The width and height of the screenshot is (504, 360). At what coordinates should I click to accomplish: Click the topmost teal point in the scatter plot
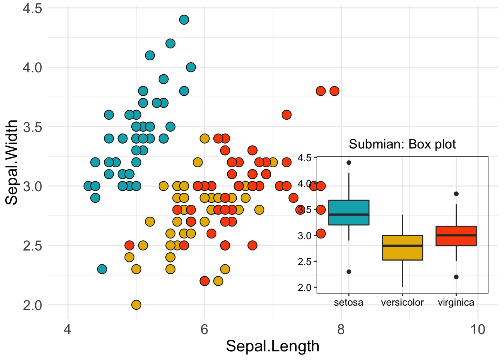click(x=184, y=19)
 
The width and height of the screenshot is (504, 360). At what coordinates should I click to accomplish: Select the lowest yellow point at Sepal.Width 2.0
click(x=136, y=304)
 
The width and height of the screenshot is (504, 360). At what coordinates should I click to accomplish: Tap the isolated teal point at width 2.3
click(x=102, y=269)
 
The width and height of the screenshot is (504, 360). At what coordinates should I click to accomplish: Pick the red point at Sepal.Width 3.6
click(x=286, y=115)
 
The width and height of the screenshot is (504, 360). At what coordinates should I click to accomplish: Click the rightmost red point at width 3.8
click(x=334, y=91)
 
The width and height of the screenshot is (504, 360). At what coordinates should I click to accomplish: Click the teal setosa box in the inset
click(x=349, y=212)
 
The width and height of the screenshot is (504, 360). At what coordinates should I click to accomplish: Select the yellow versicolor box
click(x=402, y=247)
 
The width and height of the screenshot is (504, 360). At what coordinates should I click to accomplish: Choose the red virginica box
click(x=456, y=236)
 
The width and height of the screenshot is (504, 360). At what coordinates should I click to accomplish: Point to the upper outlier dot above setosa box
click(x=349, y=162)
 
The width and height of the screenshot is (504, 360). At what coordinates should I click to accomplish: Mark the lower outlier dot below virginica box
click(x=456, y=277)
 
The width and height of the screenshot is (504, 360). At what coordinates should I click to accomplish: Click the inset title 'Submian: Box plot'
click(x=402, y=144)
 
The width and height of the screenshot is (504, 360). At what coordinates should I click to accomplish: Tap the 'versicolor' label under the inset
click(x=402, y=302)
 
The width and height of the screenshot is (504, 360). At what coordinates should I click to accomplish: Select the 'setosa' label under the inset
click(x=349, y=302)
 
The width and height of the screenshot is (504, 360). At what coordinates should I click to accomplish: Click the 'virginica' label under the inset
click(x=456, y=302)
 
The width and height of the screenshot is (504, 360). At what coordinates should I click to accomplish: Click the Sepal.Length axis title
click(x=273, y=346)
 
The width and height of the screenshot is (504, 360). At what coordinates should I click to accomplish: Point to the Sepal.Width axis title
click(x=12, y=162)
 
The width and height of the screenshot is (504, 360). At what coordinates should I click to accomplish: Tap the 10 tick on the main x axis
click(x=478, y=330)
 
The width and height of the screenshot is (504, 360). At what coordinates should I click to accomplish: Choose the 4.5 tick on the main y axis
click(x=33, y=8)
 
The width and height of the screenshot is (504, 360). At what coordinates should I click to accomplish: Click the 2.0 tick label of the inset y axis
click(x=304, y=288)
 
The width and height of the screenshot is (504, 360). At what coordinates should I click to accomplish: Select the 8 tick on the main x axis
click(x=341, y=330)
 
